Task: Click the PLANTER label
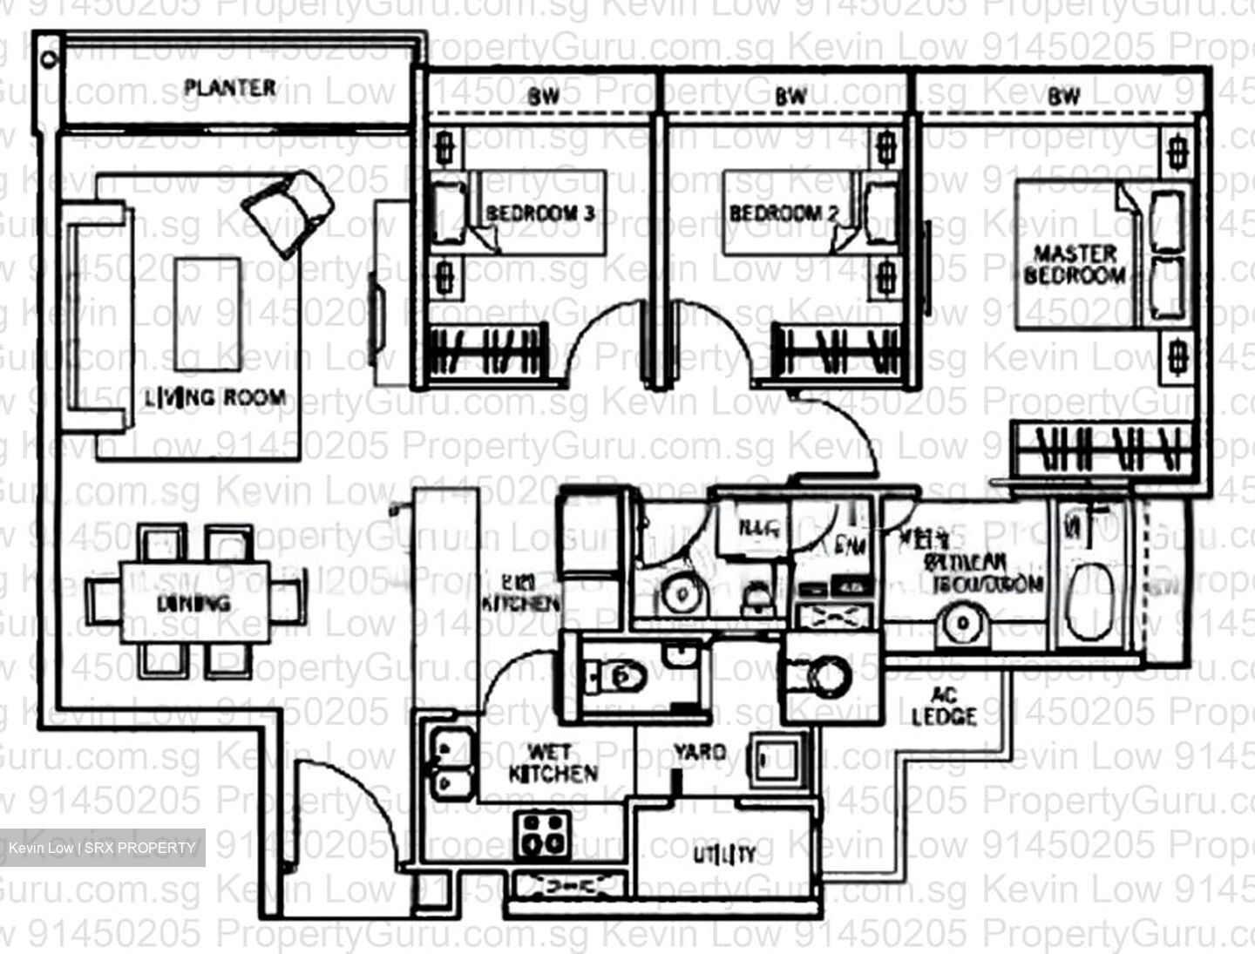(x=230, y=88)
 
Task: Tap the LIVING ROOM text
(x=215, y=398)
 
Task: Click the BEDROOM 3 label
(x=540, y=213)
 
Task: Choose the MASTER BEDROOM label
(x=1075, y=265)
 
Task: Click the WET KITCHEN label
(x=553, y=762)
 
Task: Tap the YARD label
(x=699, y=751)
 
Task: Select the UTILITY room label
(x=724, y=855)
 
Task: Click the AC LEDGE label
(x=944, y=707)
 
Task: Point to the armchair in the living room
(x=289, y=209)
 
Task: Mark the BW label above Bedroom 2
(x=790, y=97)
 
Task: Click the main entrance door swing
(x=340, y=806)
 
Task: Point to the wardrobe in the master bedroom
(x=1102, y=449)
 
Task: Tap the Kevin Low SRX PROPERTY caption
(x=102, y=848)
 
